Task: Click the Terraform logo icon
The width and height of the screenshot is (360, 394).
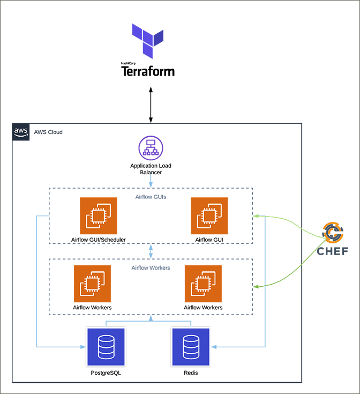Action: coord(148,41)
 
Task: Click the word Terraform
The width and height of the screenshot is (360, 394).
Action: coord(148,71)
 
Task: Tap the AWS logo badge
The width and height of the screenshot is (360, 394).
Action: coord(21,131)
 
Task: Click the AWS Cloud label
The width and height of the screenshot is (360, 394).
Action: coord(48,132)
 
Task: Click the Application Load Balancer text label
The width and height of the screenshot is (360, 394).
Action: coord(151,169)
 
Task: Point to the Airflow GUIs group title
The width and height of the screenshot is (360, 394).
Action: coord(151,197)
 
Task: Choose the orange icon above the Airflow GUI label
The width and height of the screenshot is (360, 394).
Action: coord(209,215)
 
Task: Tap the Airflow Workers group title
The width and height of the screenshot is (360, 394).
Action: coord(151,267)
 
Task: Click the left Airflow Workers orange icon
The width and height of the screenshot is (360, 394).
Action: coord(92,284)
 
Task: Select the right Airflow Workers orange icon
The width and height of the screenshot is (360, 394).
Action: coord(203,284)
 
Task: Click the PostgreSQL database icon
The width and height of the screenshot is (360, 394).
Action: coord(106,346)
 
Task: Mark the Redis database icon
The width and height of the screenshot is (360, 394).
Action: coord(190,346)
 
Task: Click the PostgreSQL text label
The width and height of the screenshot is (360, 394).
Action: coord(106,373)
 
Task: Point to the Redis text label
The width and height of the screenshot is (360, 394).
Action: coord(190,373)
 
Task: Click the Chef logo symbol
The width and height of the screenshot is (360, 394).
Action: coord(333,232)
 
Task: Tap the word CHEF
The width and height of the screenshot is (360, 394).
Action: coord(333,251)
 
